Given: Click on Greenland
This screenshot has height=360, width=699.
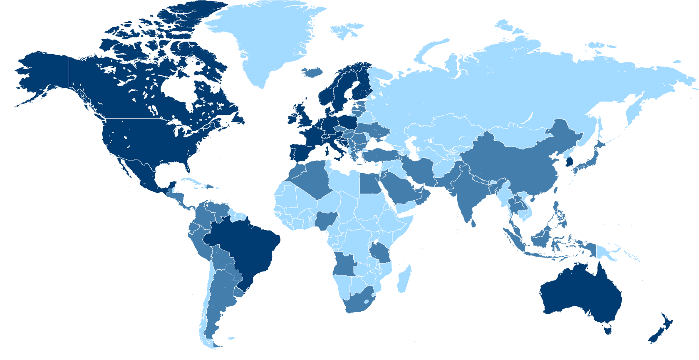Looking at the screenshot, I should (x=266, y=37).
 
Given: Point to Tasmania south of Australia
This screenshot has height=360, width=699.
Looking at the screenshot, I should (x=608, y=330).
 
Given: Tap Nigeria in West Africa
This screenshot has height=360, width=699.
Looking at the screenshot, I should (x=326, y=219).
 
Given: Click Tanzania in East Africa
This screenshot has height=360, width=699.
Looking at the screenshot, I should (x=381, y=252).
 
